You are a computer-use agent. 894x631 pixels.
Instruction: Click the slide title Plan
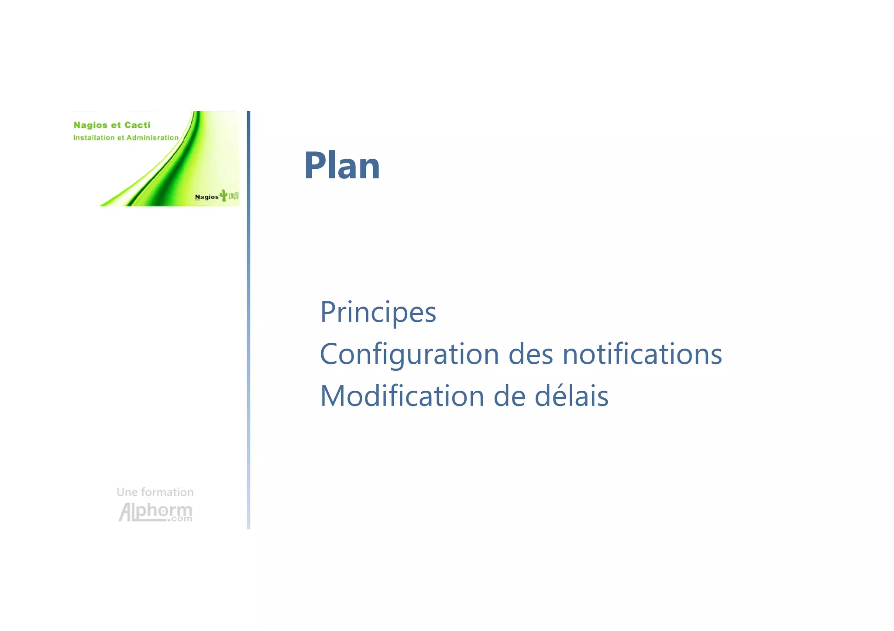click(x=342, y=165)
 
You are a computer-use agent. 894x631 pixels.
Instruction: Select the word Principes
click(x=378, y=312)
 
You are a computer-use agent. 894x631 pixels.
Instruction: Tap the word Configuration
click(x=409, y=354)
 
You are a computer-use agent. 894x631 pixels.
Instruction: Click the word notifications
click(x=642, y=354)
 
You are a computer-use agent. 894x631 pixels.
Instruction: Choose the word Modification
click(x=402, y=396)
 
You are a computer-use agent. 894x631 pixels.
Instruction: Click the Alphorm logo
click(x=155, y=512)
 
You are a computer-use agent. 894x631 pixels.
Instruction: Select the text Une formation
click(x=155, y=492)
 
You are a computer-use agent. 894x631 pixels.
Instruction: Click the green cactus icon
click(x=223, y=195)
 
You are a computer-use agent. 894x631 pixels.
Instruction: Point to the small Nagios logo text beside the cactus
click(x=206, y=197)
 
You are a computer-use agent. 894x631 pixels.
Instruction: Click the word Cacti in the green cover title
click(x=137, y=125)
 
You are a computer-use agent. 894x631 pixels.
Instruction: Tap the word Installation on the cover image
click(x=94, y=138)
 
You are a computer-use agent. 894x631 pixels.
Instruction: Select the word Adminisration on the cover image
click(x=152, y=138)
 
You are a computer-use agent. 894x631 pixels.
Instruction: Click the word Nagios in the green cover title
click(x=90, y=125)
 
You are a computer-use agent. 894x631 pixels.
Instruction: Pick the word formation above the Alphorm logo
click(x=167, y=492)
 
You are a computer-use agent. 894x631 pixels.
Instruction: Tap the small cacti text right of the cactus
click(x=234, y=196)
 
